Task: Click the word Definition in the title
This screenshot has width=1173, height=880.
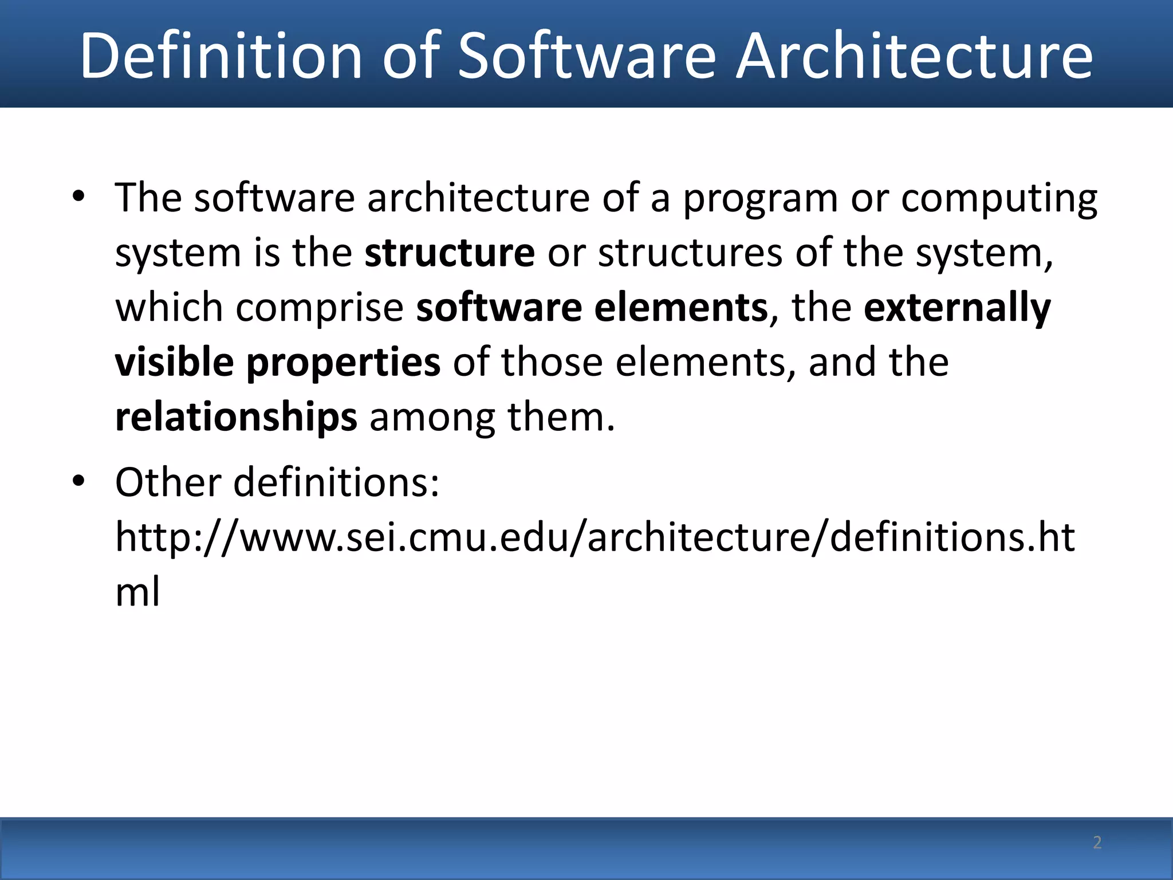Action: tap(221, 56)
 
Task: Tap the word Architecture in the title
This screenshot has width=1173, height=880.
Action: tap(914, 56)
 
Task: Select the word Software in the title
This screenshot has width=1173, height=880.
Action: tap(586, 56)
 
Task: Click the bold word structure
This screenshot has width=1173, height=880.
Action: tap(450, 253)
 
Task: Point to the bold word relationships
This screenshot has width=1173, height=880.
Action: tap(236, 417)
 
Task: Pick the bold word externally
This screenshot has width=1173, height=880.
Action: tap(957, 308)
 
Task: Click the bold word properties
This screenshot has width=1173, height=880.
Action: tap(343, 363)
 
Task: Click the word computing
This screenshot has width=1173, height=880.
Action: tap(999, 199)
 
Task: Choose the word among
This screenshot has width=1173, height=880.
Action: tap(432, 417)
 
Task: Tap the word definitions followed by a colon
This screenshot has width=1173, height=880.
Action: tap(336, 482)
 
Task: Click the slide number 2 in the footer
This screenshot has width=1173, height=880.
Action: tap(1097, 842)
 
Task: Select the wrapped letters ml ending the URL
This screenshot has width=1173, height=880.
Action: tap(137, 591)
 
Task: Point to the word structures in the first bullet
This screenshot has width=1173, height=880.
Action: tap(690, 253)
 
